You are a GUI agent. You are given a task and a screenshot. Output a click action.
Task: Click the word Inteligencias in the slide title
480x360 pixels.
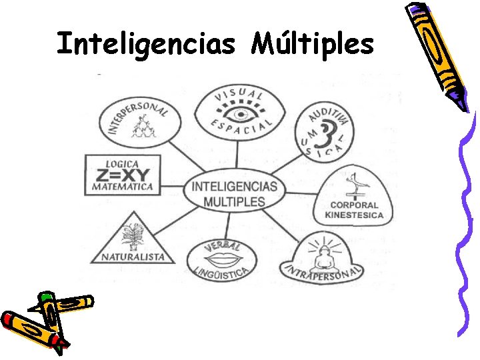(x=146, y=44)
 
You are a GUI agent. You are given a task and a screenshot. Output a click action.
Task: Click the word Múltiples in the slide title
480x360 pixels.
(x=313, y=44)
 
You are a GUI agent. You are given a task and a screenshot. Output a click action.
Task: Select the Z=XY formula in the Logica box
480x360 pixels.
(x=119, y=176)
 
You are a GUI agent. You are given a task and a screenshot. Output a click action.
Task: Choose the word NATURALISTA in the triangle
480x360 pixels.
(x=135, y=257)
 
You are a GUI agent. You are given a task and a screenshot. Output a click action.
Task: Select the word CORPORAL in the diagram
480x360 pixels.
(x=354, y=205)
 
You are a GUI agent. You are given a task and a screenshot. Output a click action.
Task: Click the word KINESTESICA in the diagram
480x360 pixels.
(x=354, y=215)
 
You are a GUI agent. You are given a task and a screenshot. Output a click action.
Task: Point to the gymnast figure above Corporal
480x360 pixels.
(x=354, y=184)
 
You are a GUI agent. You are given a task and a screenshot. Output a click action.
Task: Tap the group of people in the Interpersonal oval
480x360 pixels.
(x=142, y=127)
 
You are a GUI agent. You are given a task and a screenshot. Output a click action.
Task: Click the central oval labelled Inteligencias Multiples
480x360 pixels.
(x=234, y=193)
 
